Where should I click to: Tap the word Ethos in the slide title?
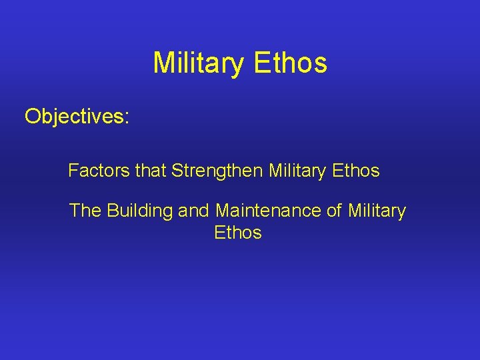291,63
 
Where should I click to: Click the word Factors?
98,171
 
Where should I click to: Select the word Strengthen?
217,171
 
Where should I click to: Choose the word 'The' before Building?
85,211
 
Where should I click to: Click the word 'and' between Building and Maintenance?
194,211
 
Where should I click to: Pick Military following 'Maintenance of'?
377,211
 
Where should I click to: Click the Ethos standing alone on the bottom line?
238,233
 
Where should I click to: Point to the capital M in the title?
163,63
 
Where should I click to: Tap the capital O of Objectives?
33,117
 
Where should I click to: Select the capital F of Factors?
73,171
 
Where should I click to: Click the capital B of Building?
113,211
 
